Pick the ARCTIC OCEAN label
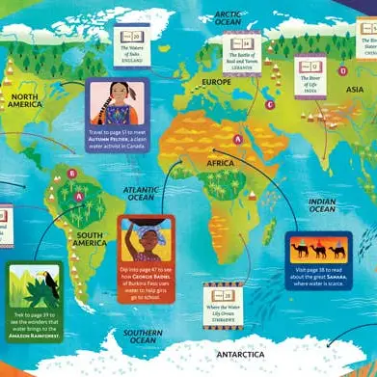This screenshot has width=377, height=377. click(x=228, y=19)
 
